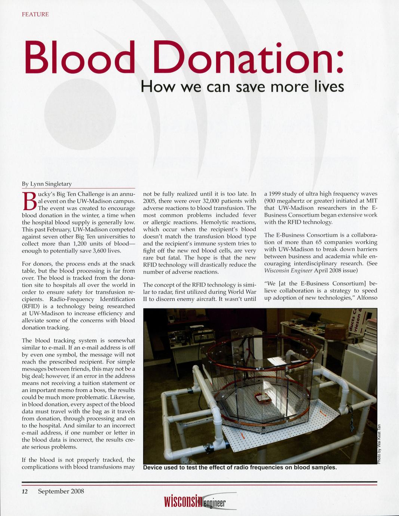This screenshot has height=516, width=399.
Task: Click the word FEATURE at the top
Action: pyautogui.click(x=35, y=15)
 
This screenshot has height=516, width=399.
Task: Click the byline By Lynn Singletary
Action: pyautogui.click(x=47, y=184)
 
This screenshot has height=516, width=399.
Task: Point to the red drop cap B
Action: pyautogui.click(x=29, y=202)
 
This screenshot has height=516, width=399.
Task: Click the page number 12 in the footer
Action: pyautogui.click(x=25, y=491)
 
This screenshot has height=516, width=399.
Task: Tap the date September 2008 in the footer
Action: pyautogui.click(x=61, y=491)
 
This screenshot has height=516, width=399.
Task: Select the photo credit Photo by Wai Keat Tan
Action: pyautogui.click(x=379, y=443)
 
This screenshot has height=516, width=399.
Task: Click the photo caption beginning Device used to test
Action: pyautogui.click(x=240, y=467)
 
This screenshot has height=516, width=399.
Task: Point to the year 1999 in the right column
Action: pyautogui.click(x=277, y=194)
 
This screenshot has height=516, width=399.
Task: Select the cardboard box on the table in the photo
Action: pyautogui.click(x=335, y=331)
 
